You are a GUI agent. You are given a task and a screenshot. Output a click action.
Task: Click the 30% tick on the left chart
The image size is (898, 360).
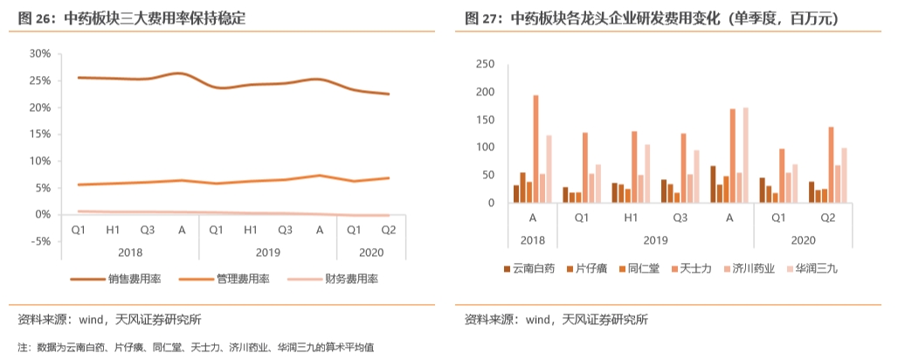tap(38, 53)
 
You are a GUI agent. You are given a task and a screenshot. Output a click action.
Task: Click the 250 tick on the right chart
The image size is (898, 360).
tap(485, 65)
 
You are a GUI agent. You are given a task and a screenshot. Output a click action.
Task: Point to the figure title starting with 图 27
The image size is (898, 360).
tap(651, 17)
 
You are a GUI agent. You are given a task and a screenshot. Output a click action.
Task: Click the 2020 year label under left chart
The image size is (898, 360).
tap(370, 253)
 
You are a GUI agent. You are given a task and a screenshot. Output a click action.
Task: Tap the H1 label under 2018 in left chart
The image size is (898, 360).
tap(113, 230)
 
